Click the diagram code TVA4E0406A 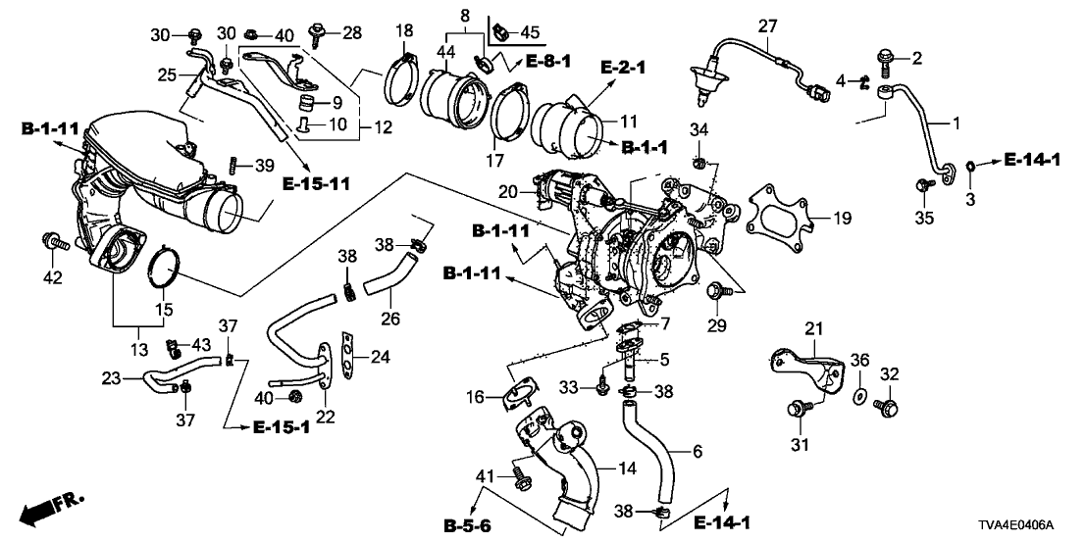pos(1027,525)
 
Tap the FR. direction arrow pos(53,506)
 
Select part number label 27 pos(767,26)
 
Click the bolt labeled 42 pos(52,240)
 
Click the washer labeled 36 pos(856,395)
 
